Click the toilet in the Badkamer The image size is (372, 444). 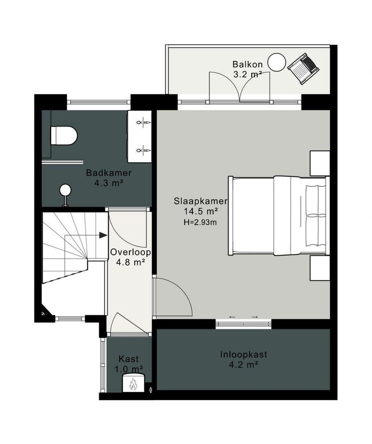(64, 136)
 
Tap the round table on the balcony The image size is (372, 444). (277, 62)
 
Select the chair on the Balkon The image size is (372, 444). (303, 69)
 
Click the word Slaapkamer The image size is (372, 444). (200, 201)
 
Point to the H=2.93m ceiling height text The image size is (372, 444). (200, 222)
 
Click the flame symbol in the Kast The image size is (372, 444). (133, 384)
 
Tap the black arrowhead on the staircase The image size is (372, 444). (103, 235)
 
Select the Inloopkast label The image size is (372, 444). (243, 354)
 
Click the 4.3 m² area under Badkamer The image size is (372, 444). (109, 183)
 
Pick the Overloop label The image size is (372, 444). (131, 252)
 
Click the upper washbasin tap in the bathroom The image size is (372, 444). (144, 123)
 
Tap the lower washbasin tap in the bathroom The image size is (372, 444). (144, 150)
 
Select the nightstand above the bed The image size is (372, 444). (320, 163)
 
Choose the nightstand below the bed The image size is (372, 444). (320, 268)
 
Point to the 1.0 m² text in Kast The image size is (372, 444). (129, 369)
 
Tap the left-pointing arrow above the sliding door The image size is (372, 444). (232, 317)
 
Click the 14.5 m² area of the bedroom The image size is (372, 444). (200, 212)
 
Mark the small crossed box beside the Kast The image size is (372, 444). (151, 390)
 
